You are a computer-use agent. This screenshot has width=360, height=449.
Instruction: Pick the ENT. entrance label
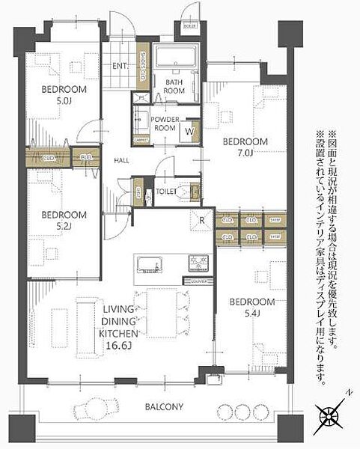coord(120,64)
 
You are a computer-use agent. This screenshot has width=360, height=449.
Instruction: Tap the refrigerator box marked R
coord(202,220)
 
